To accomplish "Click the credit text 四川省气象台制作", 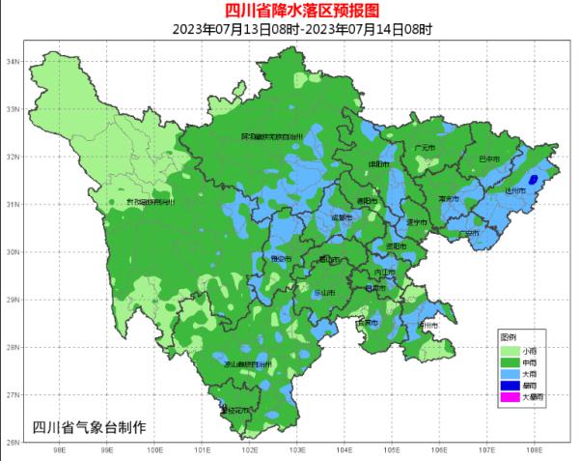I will click(89, 427).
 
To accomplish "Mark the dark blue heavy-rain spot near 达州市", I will click(533, 179).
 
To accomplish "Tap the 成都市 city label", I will click(341, 219).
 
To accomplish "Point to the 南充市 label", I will click(448, 198).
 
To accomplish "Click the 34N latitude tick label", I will click(14, 62).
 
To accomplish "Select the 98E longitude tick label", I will click(59, 450).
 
